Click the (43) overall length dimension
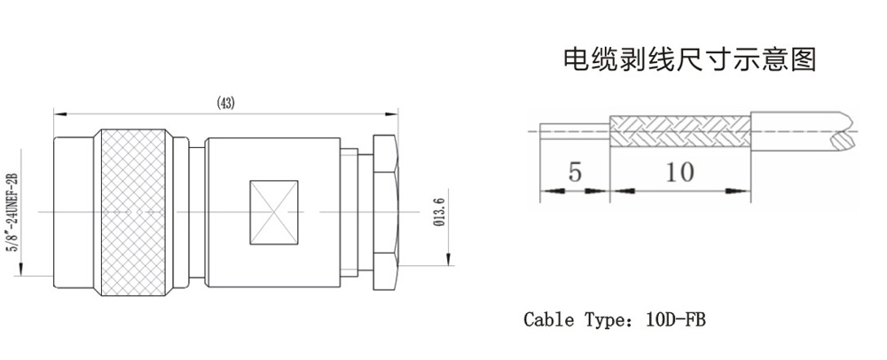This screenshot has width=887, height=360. [x=225, y=104]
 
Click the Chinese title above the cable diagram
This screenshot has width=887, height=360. [x=689, y=60]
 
